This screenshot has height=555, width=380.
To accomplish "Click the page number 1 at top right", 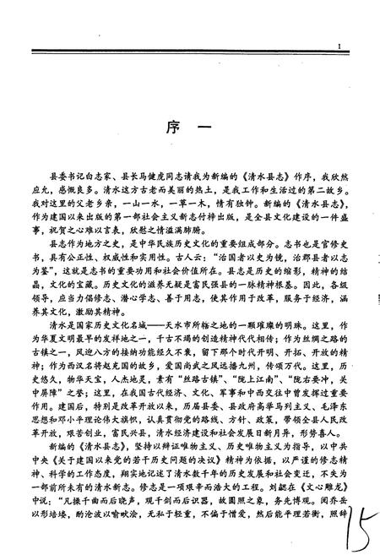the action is pos(336,47).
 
